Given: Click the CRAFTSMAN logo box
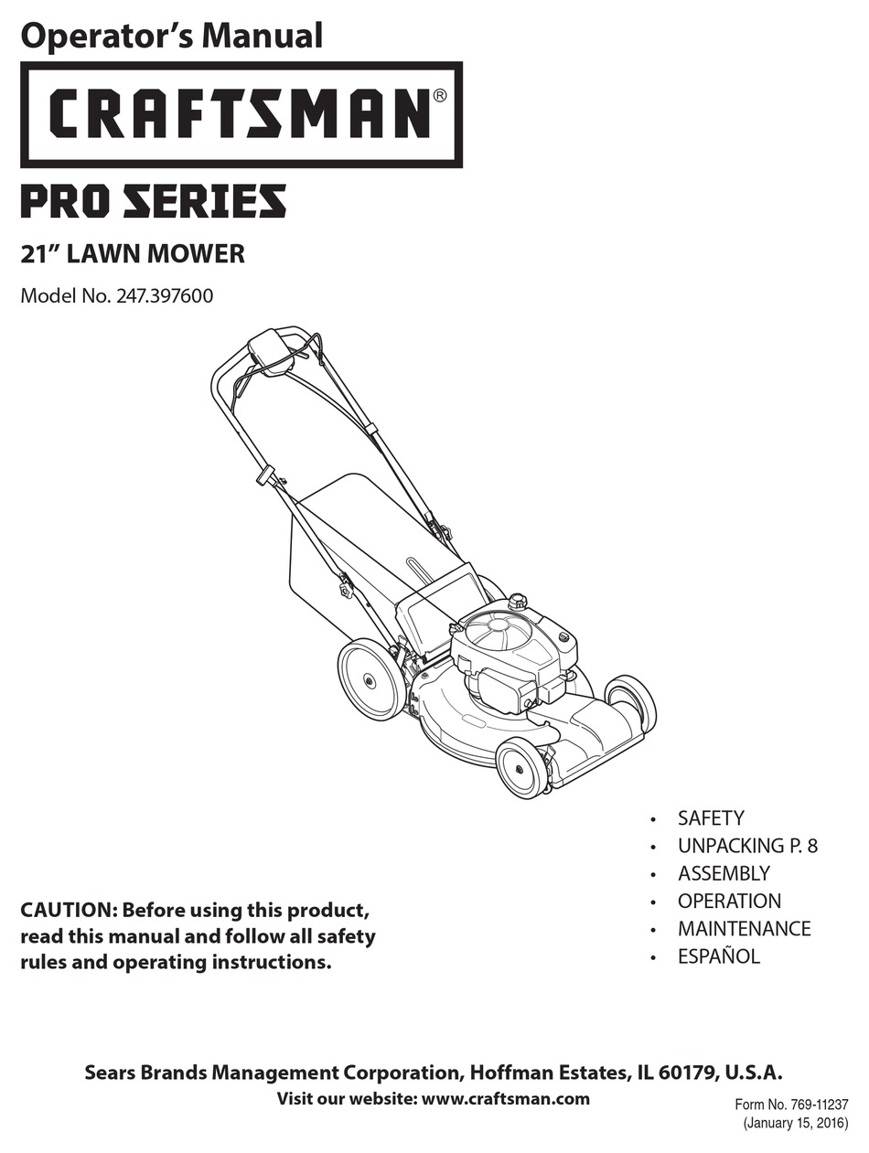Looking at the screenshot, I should (241, 114).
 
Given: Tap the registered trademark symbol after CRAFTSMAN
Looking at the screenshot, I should (439, 95).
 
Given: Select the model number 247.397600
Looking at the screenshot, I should (165, 296).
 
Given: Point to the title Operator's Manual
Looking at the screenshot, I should (172, 36).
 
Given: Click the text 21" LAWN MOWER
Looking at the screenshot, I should (133, 253).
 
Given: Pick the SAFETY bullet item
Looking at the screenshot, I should (711, 818).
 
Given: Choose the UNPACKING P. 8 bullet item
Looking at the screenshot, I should (747, 846).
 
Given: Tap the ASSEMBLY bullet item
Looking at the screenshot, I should (724, 873).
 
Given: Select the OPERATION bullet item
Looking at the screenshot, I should (729, 901).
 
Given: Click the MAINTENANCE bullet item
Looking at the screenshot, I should (744, 929).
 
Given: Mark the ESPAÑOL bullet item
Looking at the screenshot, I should (719, 956).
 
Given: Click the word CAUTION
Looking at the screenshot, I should (69, 911).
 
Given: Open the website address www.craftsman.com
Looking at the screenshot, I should (505, 1099).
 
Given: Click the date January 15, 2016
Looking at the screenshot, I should (795, 1123).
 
